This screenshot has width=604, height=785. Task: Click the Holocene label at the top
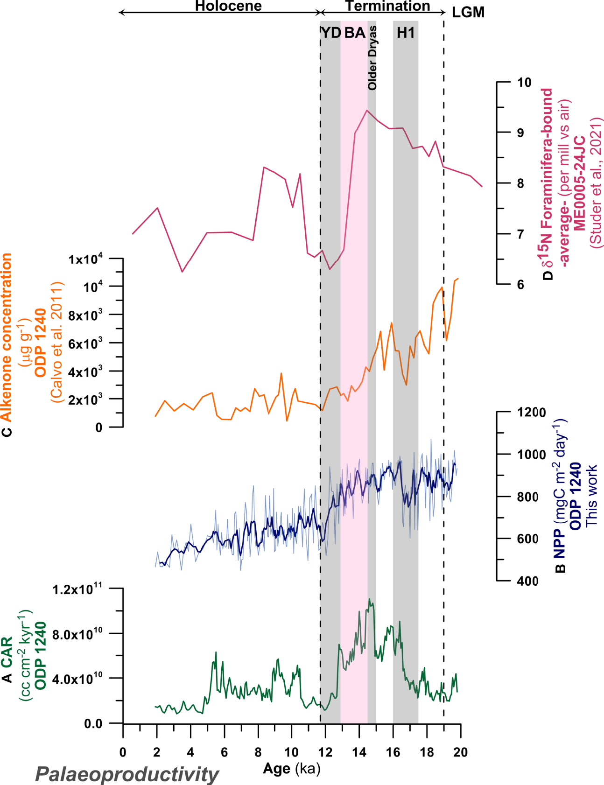[x=228, y=6]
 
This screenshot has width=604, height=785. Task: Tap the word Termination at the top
[x=387, y=6]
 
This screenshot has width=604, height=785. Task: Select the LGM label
[x=468, y=13]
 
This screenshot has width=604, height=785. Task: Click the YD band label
[x=330, y=33]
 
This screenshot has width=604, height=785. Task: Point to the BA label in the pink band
[x=355, y=33]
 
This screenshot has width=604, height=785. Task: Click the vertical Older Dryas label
[x=372, y=58]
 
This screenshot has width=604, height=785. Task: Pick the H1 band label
[x=406, y=33]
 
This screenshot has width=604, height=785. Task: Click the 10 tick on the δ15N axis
[x=524, y=82]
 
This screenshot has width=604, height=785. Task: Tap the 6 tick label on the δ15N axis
[x=521, y=284]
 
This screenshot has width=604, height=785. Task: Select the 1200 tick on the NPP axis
[x=531, y=412]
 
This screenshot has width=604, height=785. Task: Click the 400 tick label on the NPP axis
[x=528, y=581]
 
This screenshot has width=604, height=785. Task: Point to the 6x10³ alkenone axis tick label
[x=85, y=344]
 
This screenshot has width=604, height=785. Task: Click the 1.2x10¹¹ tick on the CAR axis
[x=77, y=589]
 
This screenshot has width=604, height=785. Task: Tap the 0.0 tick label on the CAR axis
[x=93, y=724]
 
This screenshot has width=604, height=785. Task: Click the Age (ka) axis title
[x=292, y=769]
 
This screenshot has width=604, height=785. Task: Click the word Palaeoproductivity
[x=127, y=775]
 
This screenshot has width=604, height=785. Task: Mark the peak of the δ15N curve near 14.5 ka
[x=367, y=110]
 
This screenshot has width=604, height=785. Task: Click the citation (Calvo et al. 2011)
[x=57, y=342]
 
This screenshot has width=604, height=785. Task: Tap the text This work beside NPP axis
[x=591, y=495]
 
